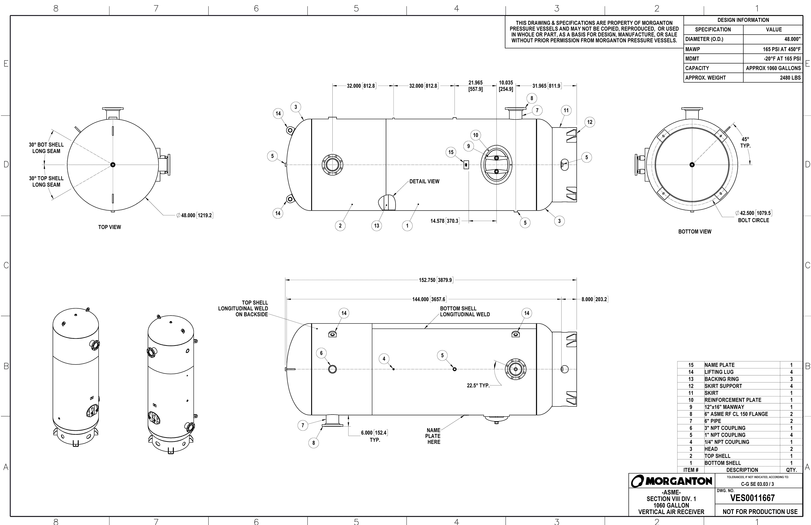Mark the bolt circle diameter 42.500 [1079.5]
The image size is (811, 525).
[x=753, y=213]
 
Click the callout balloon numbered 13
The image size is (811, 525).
[x=376, y=226]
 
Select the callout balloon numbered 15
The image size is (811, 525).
[x=451, y=152]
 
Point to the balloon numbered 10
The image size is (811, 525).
[x=476, y=135]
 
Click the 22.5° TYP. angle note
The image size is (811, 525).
[x=478, y=386]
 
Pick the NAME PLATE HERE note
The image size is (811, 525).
[x=433, y=436]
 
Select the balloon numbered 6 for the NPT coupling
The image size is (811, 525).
[x=321, y=353]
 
